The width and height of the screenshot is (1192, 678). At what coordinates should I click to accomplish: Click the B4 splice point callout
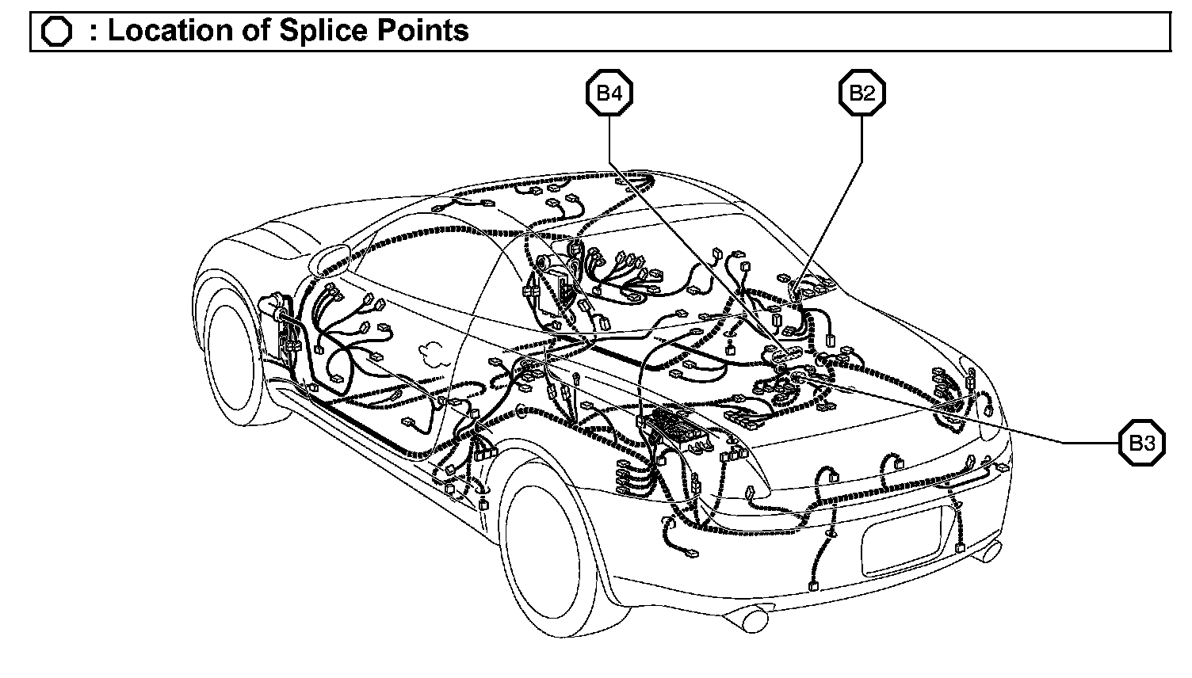point(609,93)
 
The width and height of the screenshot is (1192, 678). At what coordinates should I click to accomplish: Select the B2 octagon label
point(862,93)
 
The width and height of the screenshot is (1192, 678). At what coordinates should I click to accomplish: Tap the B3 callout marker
point(1141,444)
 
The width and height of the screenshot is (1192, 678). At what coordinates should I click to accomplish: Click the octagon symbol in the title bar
point(56,32)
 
